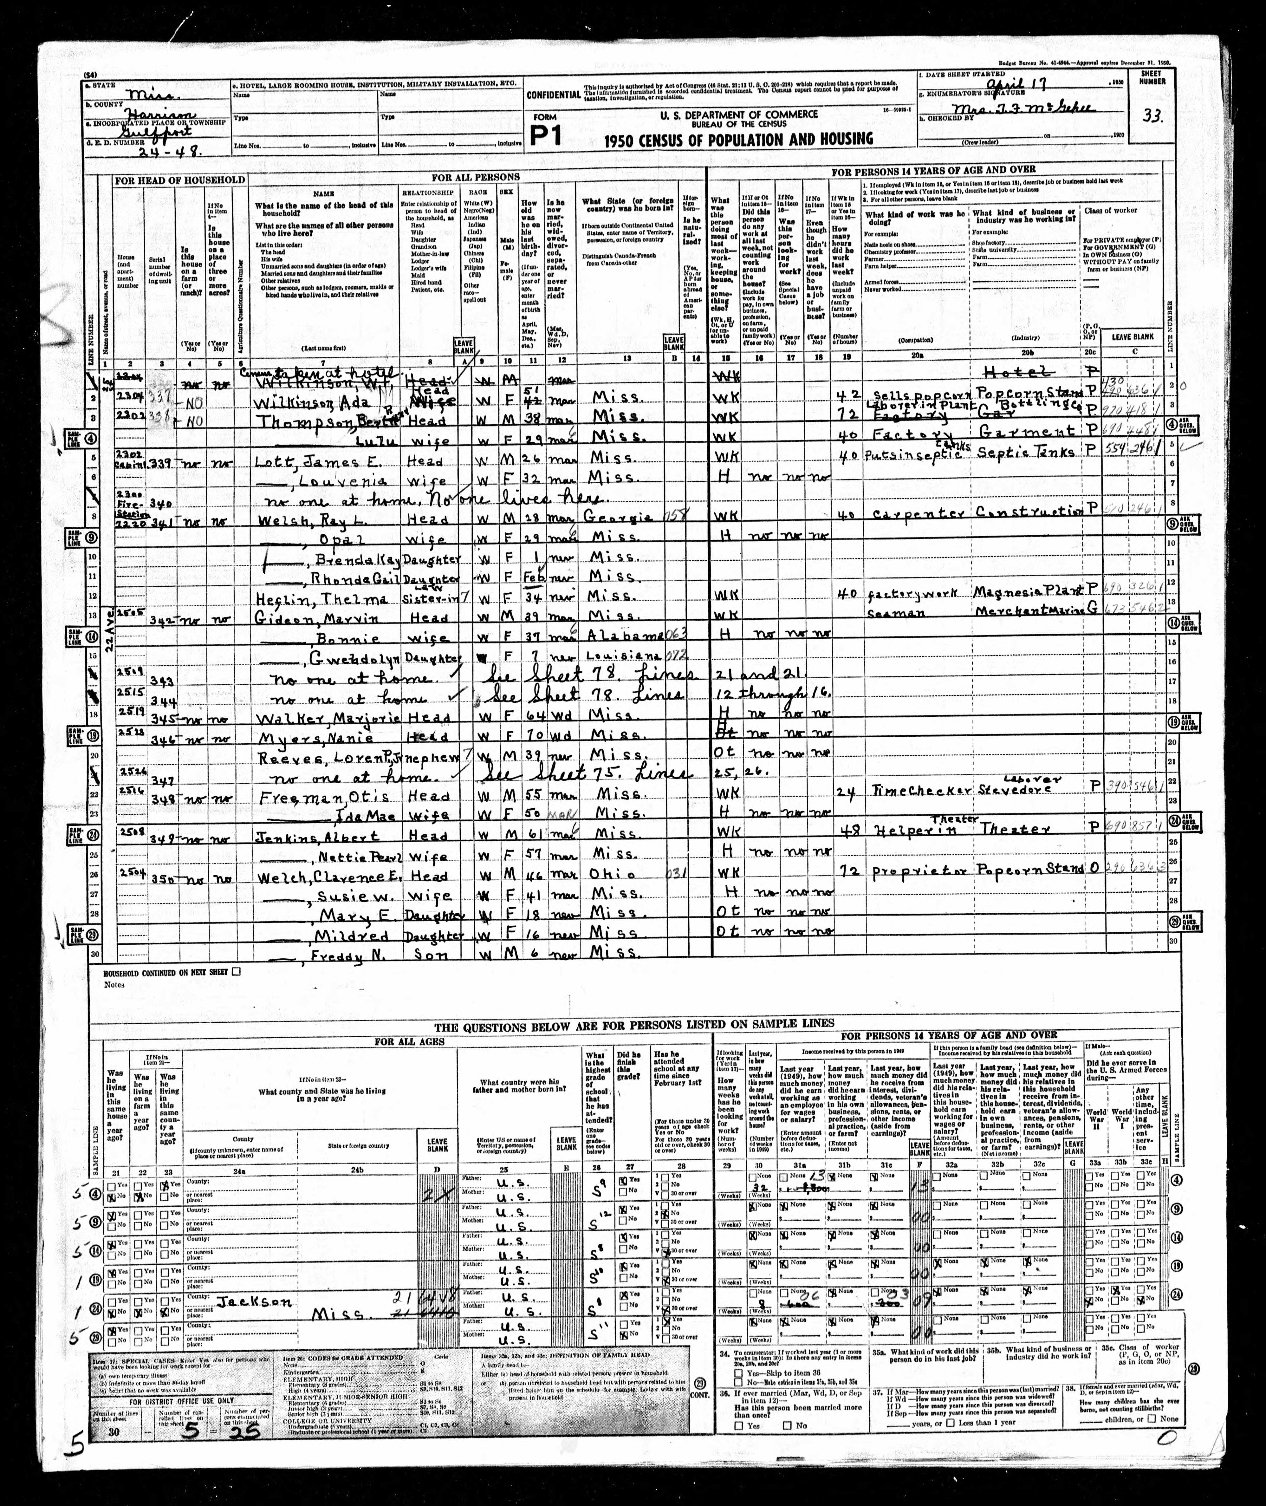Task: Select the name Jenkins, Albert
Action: click(x=304, y=835)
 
